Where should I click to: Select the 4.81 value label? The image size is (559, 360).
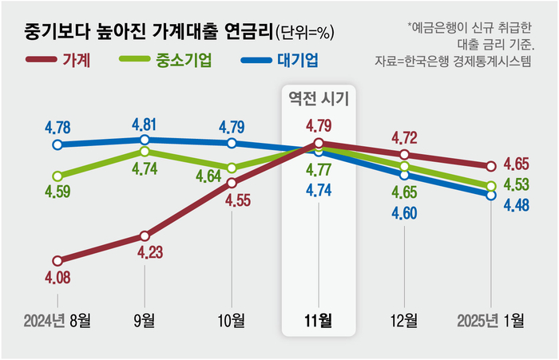[144, 125]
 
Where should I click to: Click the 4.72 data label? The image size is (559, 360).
[405, 136]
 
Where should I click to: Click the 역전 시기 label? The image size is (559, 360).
[318, 98]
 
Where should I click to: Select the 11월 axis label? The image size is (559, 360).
[318, 322]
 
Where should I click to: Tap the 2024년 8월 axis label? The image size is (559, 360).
[57, 322]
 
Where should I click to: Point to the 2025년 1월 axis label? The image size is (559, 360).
[491, 322]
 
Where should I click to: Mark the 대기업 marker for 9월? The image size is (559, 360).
[144, 140]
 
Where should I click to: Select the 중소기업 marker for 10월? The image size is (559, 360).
[232, 168]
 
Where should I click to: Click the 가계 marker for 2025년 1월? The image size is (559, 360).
[491, 166]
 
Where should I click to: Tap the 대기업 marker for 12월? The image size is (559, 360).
[405, 174]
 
